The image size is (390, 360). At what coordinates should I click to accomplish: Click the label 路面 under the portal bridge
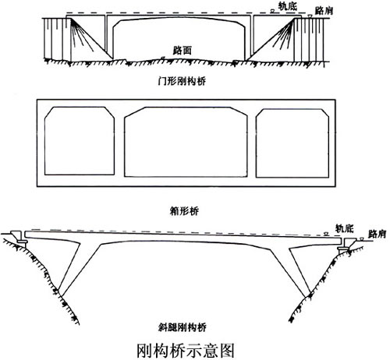[183, 50]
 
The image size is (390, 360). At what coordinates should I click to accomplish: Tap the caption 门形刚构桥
[182, 81]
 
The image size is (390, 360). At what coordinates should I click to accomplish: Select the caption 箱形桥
[184, 211]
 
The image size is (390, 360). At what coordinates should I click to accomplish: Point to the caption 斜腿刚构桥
[183, 327]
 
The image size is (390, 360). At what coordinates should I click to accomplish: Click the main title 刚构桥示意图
[186, 350]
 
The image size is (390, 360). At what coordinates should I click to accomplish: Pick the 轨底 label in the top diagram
[287, 6]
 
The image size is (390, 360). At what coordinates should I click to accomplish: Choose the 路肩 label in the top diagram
[324, 11]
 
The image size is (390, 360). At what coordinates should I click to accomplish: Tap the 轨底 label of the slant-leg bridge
[345, 228]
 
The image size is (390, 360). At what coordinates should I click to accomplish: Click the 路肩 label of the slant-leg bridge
[377, 234]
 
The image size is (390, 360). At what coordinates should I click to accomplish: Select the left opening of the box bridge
[80, 140]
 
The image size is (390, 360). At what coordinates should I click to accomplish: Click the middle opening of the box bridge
[186, 142]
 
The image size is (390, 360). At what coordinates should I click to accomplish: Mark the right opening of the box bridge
[292, 143]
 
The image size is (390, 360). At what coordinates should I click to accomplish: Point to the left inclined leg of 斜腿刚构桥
[78, 267]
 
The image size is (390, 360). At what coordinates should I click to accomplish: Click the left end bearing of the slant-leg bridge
[22, 242]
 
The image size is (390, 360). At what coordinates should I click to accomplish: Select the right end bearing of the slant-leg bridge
[343, 249]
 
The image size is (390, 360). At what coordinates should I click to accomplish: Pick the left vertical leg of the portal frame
[109, 37]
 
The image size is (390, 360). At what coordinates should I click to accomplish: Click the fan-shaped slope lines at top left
[81, 34]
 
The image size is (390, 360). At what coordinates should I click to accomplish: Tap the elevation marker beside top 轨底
[273, 11]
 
